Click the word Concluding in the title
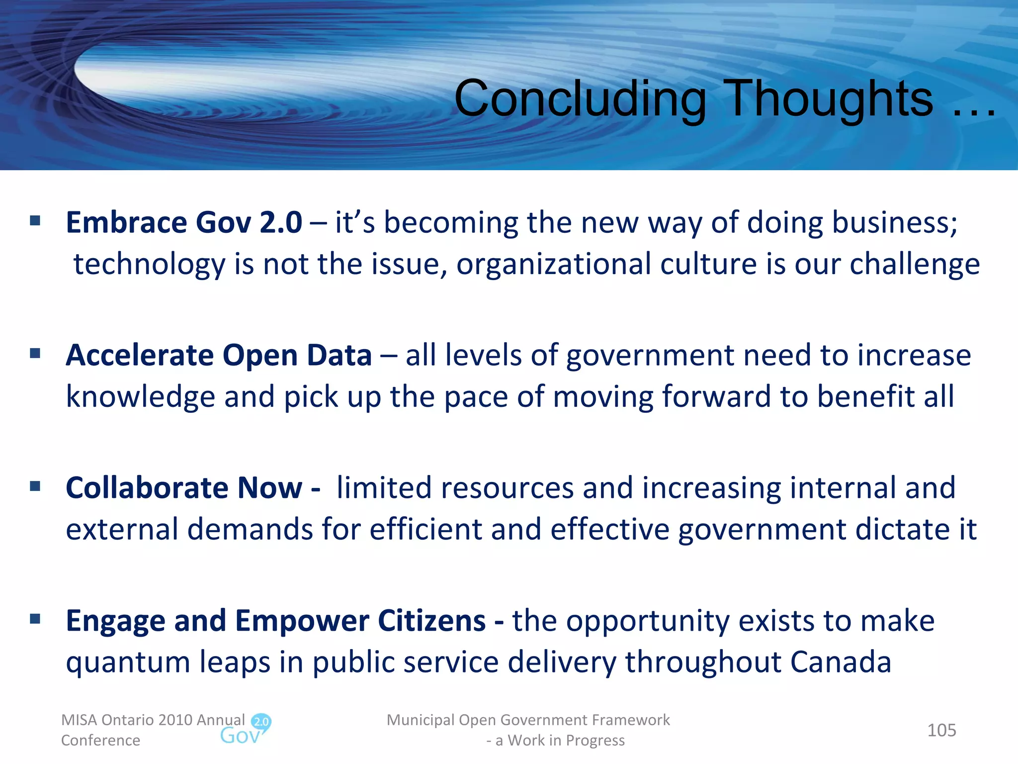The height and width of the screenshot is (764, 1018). [x=580, y=99]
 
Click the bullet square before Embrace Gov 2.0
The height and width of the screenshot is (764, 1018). [x=35, y=220]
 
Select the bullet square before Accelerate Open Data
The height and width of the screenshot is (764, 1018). [x=35, y=353]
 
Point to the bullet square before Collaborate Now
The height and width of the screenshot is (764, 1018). [x=35, y=486]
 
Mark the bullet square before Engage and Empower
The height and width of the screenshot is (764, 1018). [x=35, y=619]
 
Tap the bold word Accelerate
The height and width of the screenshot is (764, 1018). [x=140, y=355]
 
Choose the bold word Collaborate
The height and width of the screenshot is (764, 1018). [x=147, y=488]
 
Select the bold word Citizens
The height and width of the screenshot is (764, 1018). [x=431, y=621]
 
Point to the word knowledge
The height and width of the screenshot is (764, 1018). [x=140, y=397]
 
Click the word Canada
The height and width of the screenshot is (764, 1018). [x=841, y=663]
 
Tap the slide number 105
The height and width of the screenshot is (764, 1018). [x=941, y=730]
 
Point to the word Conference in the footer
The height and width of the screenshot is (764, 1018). [x=100, y=740]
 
